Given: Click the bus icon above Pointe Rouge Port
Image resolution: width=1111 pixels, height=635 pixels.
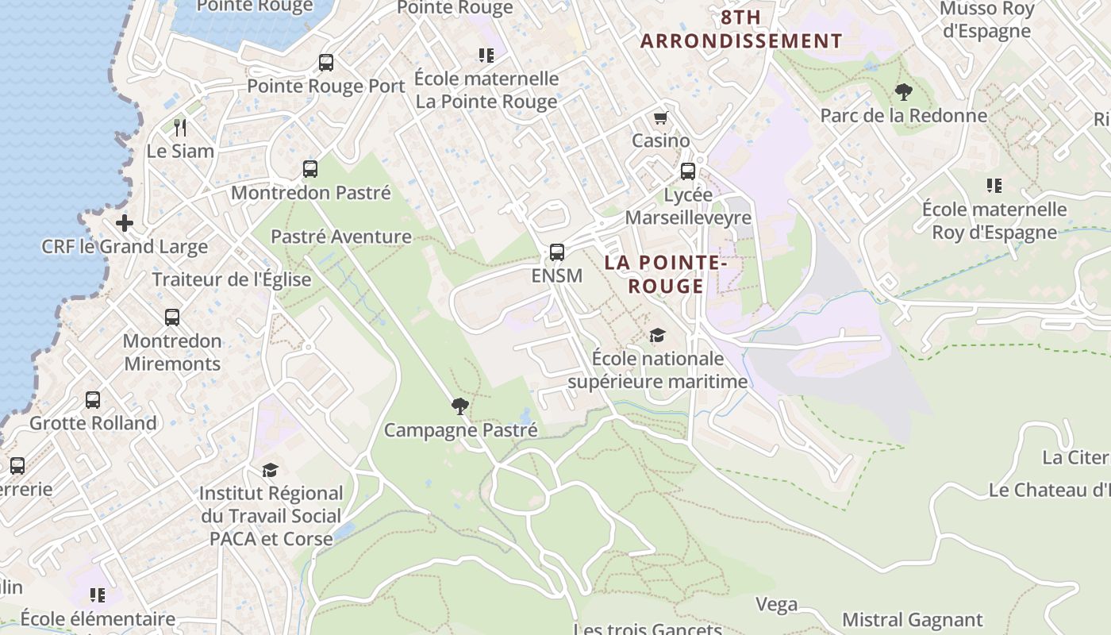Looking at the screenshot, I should (325, 63).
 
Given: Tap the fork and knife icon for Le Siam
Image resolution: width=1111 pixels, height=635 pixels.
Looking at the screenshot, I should (180, 127).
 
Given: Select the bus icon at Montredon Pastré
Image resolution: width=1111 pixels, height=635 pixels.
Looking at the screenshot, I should (310, 169).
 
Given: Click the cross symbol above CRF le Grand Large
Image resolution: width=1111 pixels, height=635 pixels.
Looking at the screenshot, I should (125, 223).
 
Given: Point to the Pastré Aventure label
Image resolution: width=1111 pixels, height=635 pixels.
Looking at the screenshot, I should (341, 237).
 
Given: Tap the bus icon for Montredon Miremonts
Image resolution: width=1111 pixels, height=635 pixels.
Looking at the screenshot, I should (172, 317).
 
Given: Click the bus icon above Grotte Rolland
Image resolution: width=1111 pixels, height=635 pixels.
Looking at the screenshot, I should (93, 400).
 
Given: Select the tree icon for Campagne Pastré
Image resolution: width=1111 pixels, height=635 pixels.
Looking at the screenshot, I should (459, 407).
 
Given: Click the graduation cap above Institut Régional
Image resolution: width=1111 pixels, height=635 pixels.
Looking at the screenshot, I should (271, 471).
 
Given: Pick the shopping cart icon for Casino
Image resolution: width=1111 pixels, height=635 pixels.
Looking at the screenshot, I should (660, 118).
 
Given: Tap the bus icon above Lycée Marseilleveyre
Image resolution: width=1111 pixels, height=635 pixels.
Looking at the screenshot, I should (688, 171).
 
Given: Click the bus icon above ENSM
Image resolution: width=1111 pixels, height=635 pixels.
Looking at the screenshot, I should (557, 253).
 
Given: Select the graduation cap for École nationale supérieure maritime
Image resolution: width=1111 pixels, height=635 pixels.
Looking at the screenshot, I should (657, 336).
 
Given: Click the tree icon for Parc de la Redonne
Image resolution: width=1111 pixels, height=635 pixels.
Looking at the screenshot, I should (903, 92).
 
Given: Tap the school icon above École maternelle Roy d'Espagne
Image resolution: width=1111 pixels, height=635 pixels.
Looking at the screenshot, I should (994, 186).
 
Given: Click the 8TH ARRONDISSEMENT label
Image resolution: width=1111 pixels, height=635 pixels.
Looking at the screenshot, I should (741, 29).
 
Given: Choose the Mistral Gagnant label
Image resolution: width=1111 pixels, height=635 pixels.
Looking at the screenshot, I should (912, 620).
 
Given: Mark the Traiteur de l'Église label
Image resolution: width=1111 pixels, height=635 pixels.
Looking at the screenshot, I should (232, 279).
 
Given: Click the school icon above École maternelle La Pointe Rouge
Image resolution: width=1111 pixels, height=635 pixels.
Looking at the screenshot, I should (486, 56).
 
